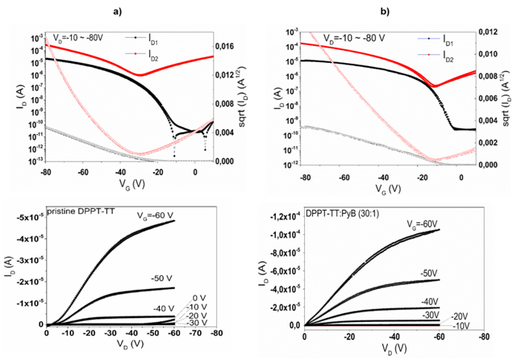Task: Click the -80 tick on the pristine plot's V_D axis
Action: click(x=211, y=333)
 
